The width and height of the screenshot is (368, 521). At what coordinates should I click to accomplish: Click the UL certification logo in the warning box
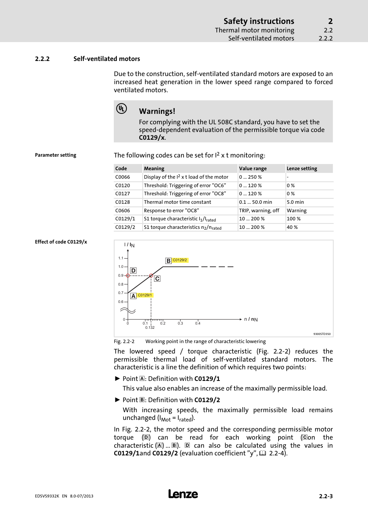click(122, 109)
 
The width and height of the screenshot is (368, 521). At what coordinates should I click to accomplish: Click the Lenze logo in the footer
click(183, 494)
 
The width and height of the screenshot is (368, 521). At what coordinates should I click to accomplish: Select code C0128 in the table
click(123, 202)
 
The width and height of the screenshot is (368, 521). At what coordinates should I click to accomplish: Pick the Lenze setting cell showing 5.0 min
click(295, 202)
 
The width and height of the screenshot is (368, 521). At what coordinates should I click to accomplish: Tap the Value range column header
click(253, 169)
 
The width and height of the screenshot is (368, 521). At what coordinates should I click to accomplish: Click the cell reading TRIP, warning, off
click(259, 211)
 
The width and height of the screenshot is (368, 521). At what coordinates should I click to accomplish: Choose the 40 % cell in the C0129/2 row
click(292, 227)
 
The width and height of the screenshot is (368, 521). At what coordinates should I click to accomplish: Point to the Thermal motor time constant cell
click(177, 202)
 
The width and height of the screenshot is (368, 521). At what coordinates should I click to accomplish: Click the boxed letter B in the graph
click(168, 261)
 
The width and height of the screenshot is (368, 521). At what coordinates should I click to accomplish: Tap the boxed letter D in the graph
click(133, 271)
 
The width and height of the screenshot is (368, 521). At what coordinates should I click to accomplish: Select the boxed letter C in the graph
click(157, 279)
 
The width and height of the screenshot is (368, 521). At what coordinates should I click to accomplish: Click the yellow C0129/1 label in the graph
click(145, 295)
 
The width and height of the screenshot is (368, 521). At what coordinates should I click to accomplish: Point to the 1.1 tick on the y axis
click(121, 258)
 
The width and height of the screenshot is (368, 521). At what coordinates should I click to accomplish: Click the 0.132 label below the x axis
click(150, 328)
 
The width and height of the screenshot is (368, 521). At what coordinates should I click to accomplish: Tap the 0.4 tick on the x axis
click(198, 323)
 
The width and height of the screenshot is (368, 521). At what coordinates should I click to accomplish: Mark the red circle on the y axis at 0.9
click(128, 276)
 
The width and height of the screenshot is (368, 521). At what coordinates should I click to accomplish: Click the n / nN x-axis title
click(251, 319)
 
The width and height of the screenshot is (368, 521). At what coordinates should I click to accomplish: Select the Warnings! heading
click(157, 111)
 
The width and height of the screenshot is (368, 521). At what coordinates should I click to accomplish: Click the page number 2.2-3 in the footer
click(326, 496)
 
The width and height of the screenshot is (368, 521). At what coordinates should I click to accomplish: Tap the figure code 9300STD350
click(322, 334)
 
